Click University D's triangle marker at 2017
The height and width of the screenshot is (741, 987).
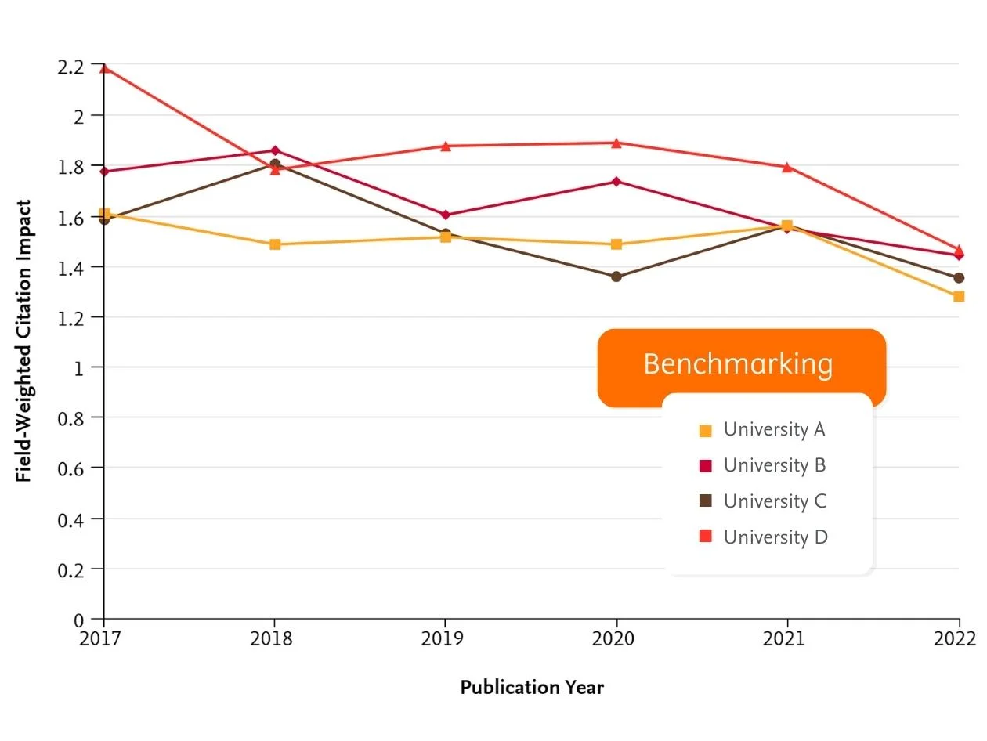[104, 68]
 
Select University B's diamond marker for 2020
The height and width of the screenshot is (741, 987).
[616, 182]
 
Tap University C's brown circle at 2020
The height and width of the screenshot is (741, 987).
[616, 277]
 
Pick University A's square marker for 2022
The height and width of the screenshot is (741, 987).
[959, 296]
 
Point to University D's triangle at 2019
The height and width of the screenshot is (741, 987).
[446, 146]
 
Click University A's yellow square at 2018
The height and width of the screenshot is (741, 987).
[275, 244]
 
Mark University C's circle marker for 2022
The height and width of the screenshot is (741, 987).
[959, 278]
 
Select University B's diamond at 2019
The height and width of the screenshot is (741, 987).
[446, 215]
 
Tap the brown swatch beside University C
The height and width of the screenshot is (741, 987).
[705, 501]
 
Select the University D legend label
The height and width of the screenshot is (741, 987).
[775, 537]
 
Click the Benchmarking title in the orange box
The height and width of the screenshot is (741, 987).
[738, 364]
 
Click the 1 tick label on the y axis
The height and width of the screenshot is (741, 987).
[78, 367]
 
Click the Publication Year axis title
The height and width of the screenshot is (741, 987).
[532, 688]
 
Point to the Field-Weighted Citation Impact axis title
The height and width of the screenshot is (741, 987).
[24, 341]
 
